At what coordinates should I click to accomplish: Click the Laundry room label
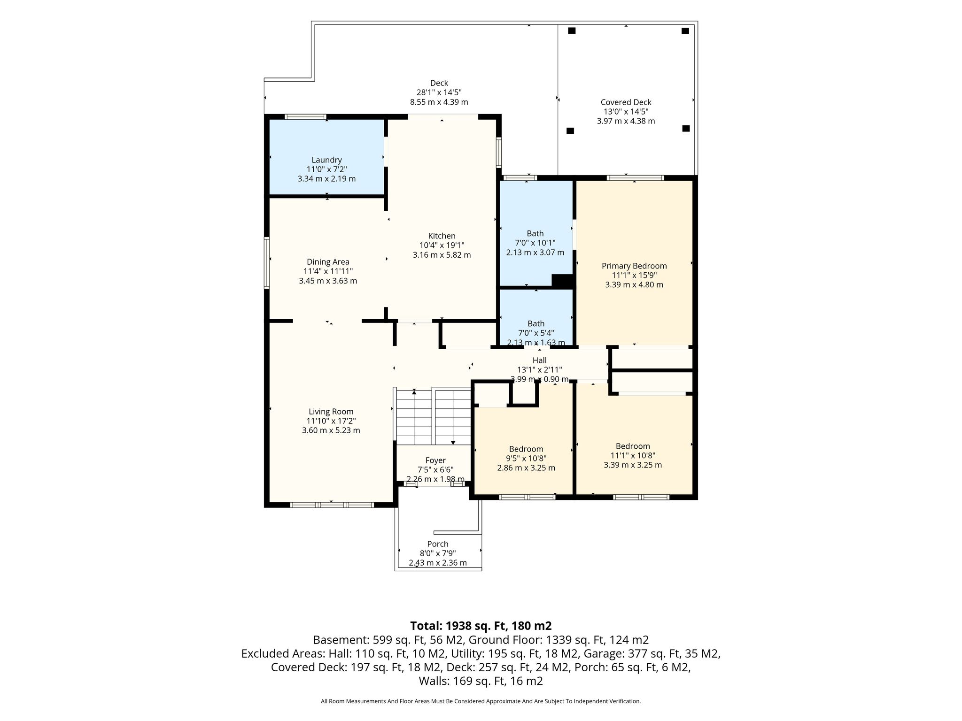click(x=326, y=160)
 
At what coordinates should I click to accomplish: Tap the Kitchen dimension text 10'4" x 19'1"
click(x=442, y=245)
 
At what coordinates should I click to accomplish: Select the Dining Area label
click(x=328, y=262)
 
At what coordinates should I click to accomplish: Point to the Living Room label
click(x=331, y=412)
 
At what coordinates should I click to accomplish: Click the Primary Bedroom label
click(x=634, y=266)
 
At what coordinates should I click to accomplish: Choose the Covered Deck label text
click(x=626, y=102)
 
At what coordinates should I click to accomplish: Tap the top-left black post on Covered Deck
click(x=572, y=31)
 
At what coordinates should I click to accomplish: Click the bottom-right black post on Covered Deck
click(x=686, y=128)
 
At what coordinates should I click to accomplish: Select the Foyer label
click(x=435, y=460)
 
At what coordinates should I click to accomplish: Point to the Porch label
click(x=438, y=544)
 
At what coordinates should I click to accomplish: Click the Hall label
click(x=540, y=360)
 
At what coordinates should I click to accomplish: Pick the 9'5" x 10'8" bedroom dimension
click(x=526, y=458)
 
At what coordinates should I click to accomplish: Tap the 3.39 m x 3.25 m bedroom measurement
click(x=633, y=465)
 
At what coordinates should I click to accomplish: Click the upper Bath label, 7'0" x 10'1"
click(x=535, y=233)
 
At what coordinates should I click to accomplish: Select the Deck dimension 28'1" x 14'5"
click(x=439, y=92)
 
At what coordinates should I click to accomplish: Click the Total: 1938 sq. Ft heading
click(x=481, y=626)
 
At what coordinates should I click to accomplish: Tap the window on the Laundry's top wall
click(x=306, y=116)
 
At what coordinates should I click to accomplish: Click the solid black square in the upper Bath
click(x=562, y=280)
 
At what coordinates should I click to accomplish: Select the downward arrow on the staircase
click(x=453, y=442)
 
